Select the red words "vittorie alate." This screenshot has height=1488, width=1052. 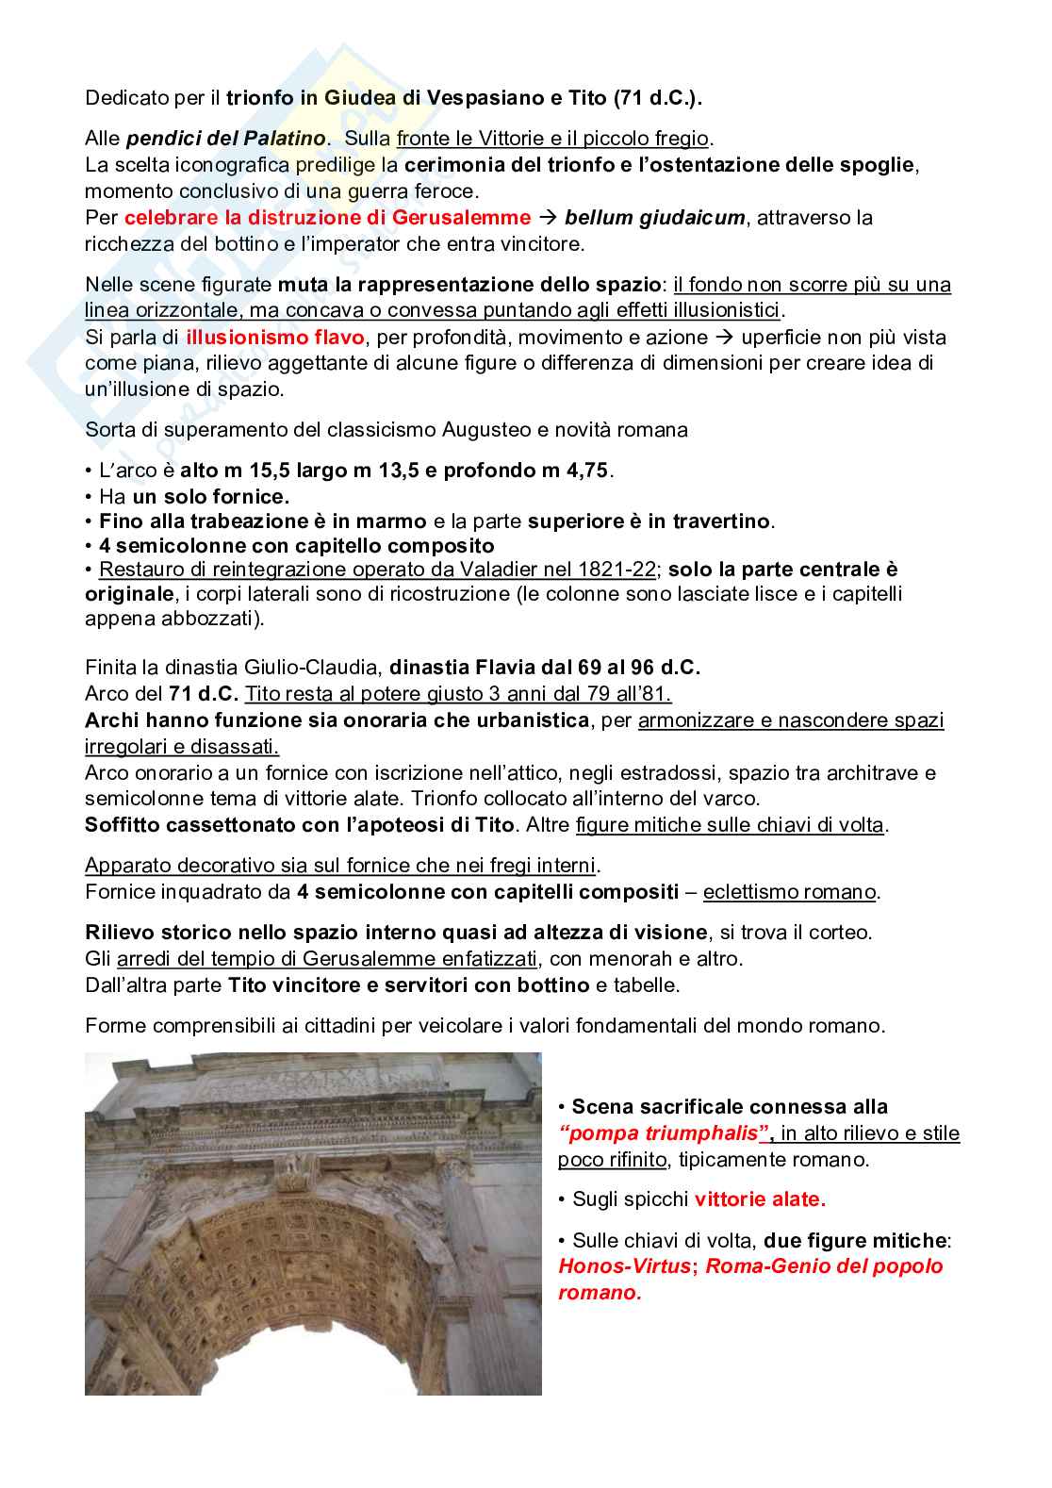coord(760,1199)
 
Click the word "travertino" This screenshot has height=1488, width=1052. coord(727,521)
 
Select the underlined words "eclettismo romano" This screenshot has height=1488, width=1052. coord(790,892)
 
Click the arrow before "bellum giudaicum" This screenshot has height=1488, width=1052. coord(548,218)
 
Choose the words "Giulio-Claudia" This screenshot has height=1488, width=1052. coord(317,669)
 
